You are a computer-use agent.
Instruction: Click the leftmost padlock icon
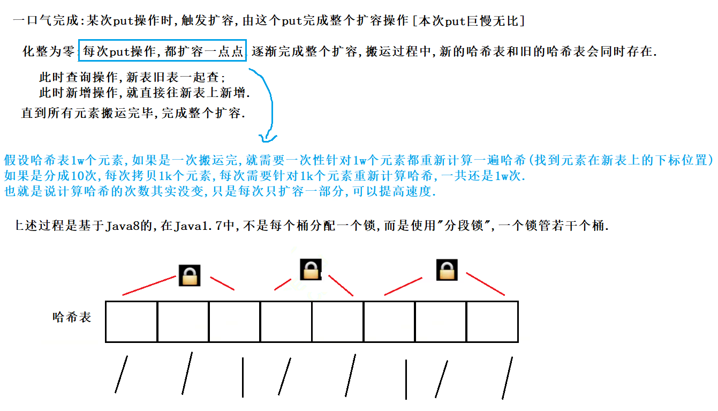pyautogui.click(x=189, y=275)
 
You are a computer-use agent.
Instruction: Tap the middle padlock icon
pyautogui.click(x=311, y=269)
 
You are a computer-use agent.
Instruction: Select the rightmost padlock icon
pyautogui.click(x=447, y=270)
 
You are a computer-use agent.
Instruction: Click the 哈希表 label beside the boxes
pyautogui.click(x=72, y=317)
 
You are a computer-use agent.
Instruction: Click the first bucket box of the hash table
pyautogui.click(x=131, y=322)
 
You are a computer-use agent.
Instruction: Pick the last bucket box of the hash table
pyautogui.click(x=492, y=322)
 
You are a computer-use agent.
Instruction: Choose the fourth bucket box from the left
pyautogui.click(x=286, y=322)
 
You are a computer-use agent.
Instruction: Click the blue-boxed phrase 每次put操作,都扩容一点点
pyautogui.click(x=163, y=52)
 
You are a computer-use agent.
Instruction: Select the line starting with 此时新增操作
pyautogui.click(x=145, y=93)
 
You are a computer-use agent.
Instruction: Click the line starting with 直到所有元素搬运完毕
pyautogui.click(x=133, y=114)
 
